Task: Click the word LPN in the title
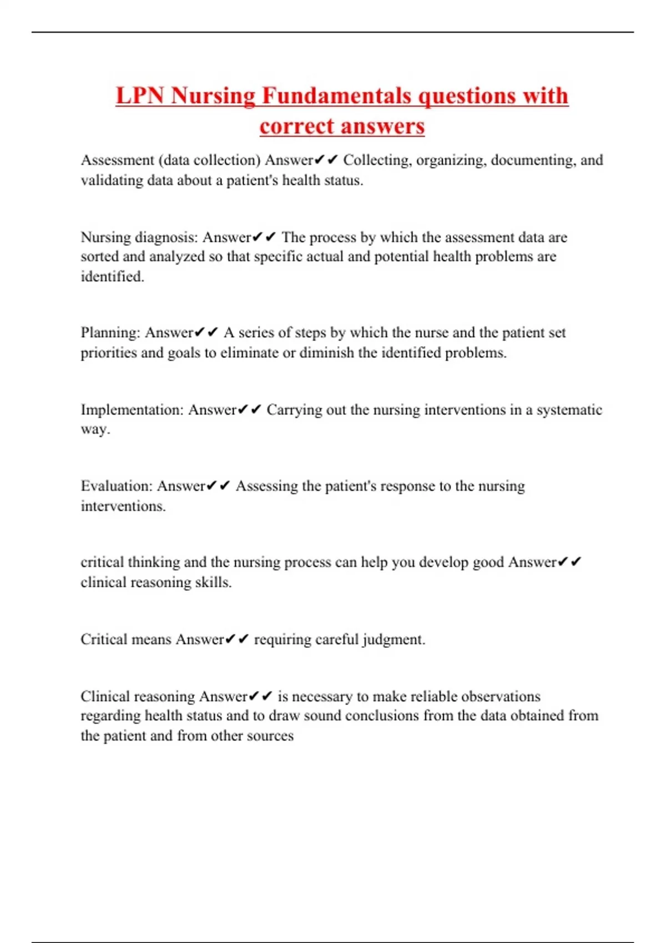pyautogui.click(x=140, y=95)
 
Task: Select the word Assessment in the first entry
pyautogui.click(x=117, y=160)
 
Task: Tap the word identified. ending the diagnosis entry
pyautogui.click(x=112, y=276)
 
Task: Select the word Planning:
pyautogui.click(x=110, y=333)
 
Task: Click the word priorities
pyautogui.click(x=108, y=353)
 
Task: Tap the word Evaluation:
pyautogui.click(x=117, y=486)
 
